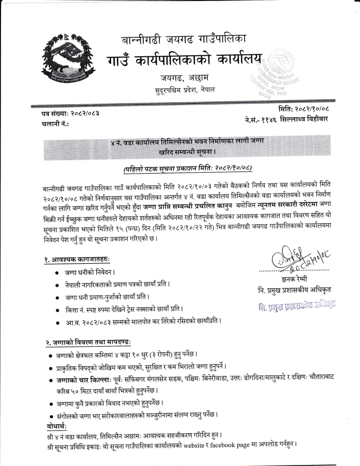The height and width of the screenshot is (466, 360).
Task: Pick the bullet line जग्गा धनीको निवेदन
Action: pos(90,272)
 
